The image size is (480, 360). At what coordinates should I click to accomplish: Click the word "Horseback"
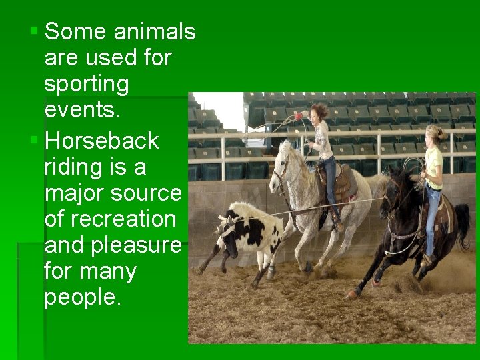click(x=101, y=141)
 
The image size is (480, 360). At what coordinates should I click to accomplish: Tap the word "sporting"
click(x=86, y=84)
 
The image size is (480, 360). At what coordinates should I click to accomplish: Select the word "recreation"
click(x=110, y=219)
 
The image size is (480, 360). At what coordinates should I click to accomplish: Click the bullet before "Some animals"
click(x=34, y=31)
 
